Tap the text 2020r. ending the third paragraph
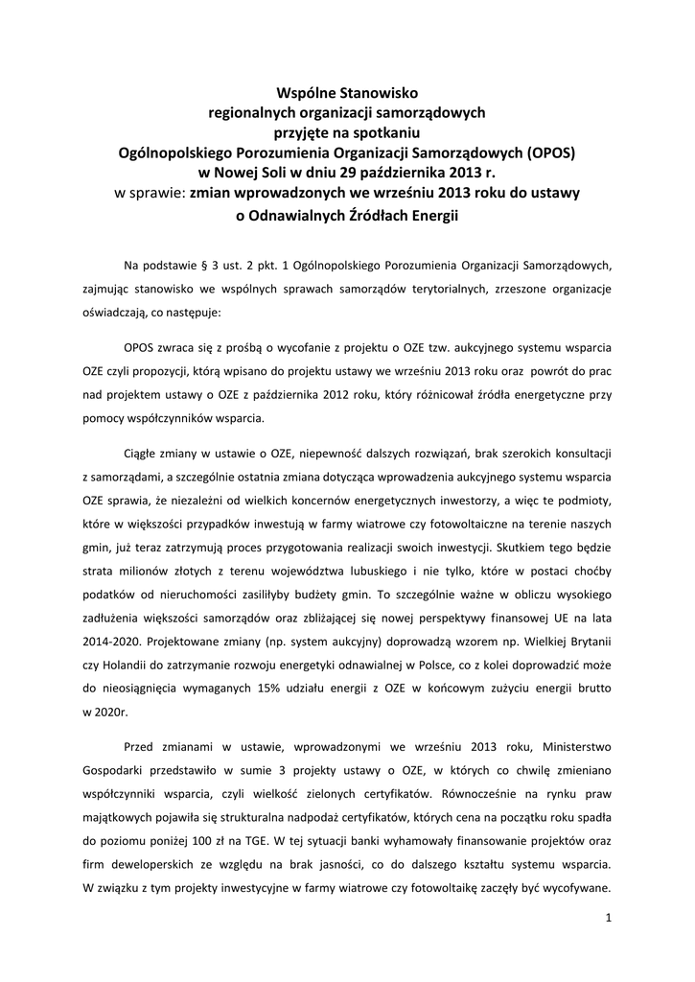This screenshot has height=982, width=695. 98,712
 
